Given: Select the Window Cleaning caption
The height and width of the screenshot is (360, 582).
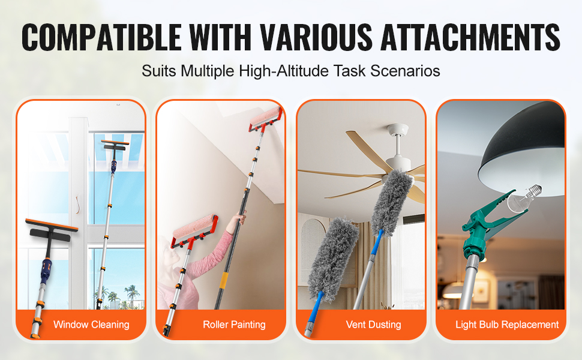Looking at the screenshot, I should tap(91, 325).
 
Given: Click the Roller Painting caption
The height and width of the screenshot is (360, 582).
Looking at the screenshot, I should tap(234, 325).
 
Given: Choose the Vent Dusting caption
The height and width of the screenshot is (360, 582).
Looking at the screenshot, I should tap(373, 325).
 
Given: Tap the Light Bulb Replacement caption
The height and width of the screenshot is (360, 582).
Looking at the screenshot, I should tap(507, 325).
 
